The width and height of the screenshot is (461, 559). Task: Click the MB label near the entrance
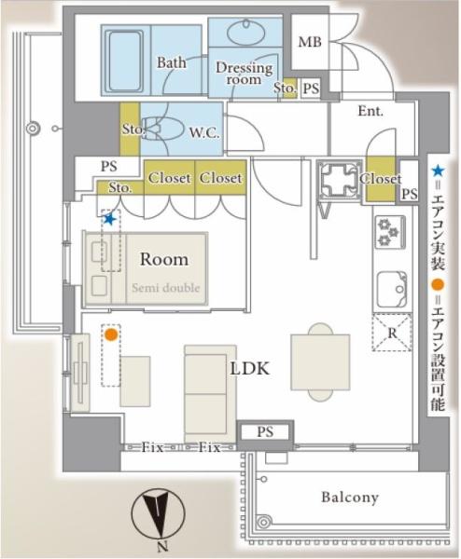[x=310, y=42]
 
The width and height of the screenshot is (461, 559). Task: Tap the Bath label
[x=172, y=62]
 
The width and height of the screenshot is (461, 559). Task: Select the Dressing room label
[x=244, y=73]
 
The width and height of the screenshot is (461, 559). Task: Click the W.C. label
[x=203, y=132]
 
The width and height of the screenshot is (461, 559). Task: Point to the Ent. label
[x=370, y=111]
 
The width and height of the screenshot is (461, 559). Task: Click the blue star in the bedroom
[x=109, y=219]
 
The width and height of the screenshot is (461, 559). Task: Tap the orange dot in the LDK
[x=111, y=334]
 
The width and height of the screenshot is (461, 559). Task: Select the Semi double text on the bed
[x=166, y=287]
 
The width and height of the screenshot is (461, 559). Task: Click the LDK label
[x=249, y=368]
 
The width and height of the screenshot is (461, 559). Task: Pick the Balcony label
[x=350, y=498]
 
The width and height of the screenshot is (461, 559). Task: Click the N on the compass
[x=162, y=545]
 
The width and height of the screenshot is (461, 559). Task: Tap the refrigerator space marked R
[x=392, y=333]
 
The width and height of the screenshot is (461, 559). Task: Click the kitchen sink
[x=392, y=290]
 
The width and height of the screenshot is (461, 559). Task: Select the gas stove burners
[x=390, y=232]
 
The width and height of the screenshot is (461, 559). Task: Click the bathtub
[x=124, y=61]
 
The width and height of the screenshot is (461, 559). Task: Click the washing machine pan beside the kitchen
[x=340, y=180]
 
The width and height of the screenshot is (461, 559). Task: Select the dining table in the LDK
[x=320, y=361]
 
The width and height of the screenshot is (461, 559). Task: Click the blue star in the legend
[x=438, y=171]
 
